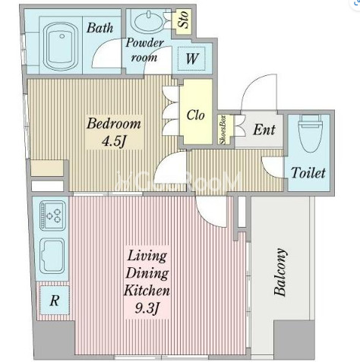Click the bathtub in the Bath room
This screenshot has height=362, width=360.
tap(61, 47)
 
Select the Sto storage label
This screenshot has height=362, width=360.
tap(183, 19)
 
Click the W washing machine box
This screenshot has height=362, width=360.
tap(191, 58)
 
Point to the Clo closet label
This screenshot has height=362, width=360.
tap(195, 115)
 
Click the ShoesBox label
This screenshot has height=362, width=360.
tap(223, 130)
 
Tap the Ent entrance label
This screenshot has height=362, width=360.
tap(264, 130)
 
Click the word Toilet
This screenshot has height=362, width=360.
tap(308, 173)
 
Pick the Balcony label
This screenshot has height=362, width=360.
tap(280, 272)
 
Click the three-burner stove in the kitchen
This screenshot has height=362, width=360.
tap(52, 216)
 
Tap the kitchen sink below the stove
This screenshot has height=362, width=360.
tap(52, 256)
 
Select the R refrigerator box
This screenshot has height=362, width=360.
tap(55, 301)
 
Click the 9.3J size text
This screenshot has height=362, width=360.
tap(147, 308)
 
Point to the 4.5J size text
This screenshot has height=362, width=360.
tap(114, 141)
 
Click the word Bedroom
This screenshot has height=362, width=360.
tap(114, 124)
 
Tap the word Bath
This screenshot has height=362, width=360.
tap(99, 28)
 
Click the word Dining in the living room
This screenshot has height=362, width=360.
tap(147, 274)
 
